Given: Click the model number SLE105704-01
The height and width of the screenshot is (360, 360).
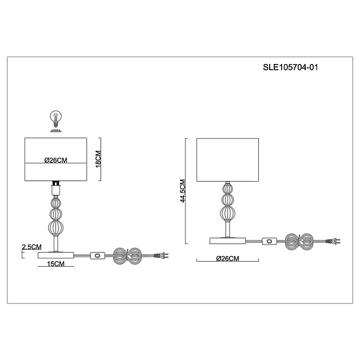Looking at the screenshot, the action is click(x=290, y=67).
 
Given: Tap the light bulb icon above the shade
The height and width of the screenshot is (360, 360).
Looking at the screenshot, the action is click(x=56, y=119).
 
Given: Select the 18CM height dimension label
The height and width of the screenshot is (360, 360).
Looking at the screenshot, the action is click(x=98, y=159).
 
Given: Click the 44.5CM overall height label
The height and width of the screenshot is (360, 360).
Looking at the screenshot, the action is click(x=183, y=191).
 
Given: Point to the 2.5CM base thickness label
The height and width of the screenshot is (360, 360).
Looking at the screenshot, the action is click(x=31, y=247).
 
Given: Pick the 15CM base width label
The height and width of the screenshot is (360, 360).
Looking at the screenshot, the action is click(x=56, y=264).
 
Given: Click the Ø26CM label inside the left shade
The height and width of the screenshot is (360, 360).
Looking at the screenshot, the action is click(x=56, y=160).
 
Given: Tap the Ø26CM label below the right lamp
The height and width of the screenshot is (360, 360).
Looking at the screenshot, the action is click(x=227, y=258).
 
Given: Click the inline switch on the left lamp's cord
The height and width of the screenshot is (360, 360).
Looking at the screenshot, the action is click(x=98, y=255).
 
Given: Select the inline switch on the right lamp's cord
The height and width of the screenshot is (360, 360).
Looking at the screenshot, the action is click(x=269, y=241).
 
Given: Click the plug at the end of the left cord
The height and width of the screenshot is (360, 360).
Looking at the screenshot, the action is click(x=161, y=255).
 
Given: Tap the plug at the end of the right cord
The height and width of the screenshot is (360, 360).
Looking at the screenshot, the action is click(x=333, y=241).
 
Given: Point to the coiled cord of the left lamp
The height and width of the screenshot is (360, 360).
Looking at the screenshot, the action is click(x=127, y=256).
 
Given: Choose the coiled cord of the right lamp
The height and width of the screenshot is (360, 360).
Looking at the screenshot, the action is click(x=299, y=242).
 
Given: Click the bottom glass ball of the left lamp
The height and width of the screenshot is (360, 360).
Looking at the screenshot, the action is click(x=55, y=227).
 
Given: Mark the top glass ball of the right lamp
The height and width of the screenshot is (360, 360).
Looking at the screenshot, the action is click(x=227, y=189).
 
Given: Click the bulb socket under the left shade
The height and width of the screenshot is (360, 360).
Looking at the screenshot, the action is click(x=56, y=188).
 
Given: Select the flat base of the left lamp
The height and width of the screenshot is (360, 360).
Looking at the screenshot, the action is click(x=56, y=255).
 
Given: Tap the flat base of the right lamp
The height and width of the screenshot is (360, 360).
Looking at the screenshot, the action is click(x=227, y=241).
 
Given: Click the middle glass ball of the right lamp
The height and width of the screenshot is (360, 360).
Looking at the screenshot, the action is click(x=227, y=200).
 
